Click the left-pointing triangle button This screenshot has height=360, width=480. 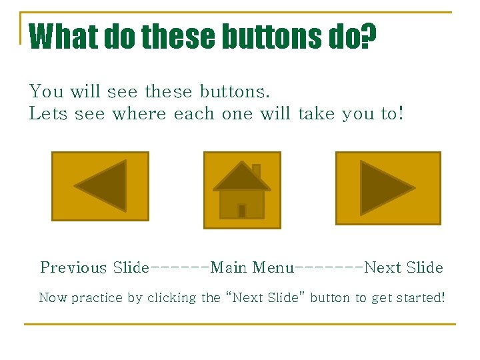(x=101, y=186)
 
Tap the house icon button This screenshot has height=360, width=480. (x=242, y=190)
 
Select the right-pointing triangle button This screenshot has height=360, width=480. (x=387, y=188)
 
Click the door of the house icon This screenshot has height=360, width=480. (x=242, y=211)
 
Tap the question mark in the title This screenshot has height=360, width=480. (x=368, y=37)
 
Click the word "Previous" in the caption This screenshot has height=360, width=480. (x=73, y=268)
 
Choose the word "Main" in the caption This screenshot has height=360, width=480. (x=228, y=268)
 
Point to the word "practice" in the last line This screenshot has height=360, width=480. (x=97, y=298)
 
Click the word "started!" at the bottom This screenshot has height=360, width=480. (x=420, y=297)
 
